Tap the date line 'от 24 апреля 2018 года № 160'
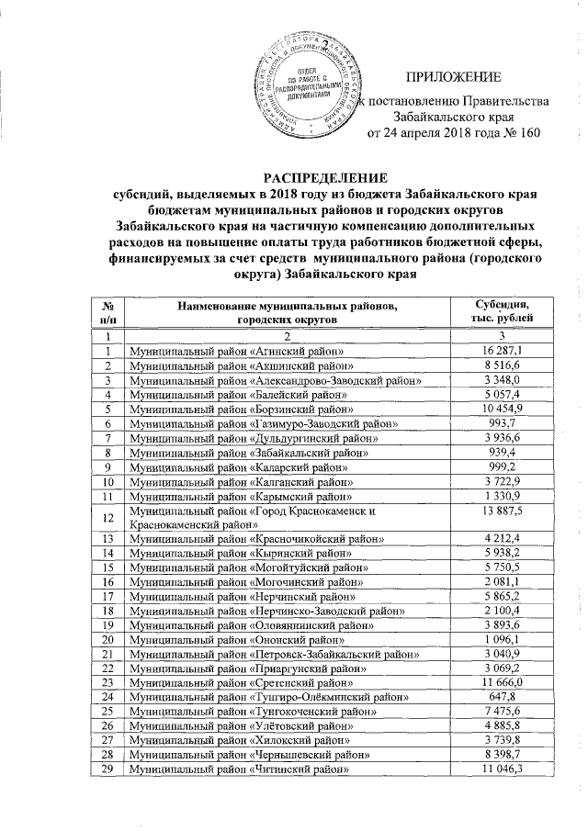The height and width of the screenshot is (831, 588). click(452, 133)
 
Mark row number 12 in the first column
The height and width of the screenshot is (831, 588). click(109, 518)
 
